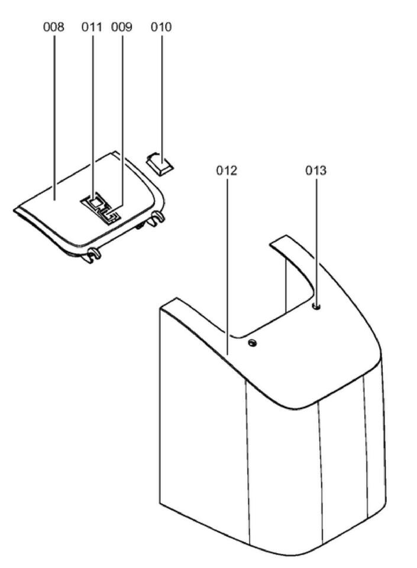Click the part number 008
tap(54, 27)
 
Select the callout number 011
tap(92, 27)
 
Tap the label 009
tap(122, 27)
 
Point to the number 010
tap(161, 27)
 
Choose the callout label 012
tap(227, 171)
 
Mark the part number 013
tap(316, 171)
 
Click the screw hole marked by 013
tap(316, 306)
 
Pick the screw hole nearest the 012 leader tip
tap(253, 343)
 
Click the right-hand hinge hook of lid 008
tap(157, 219)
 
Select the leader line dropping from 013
tap(316, 237)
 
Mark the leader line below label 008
tap(54, 118)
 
